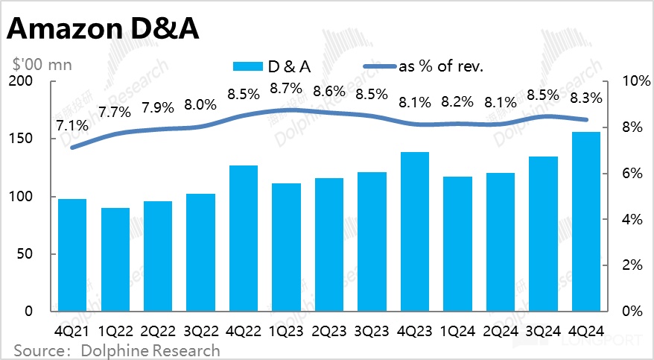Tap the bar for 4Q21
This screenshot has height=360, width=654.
72,255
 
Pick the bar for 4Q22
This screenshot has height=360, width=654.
244,238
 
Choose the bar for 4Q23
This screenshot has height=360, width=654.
415,231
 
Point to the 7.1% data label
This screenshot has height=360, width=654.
72,125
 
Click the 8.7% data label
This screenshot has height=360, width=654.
287,88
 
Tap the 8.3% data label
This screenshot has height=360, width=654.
587,96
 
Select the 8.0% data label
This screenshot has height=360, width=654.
201,105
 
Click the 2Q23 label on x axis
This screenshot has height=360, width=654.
329,329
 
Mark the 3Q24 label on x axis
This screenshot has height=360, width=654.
544,329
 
